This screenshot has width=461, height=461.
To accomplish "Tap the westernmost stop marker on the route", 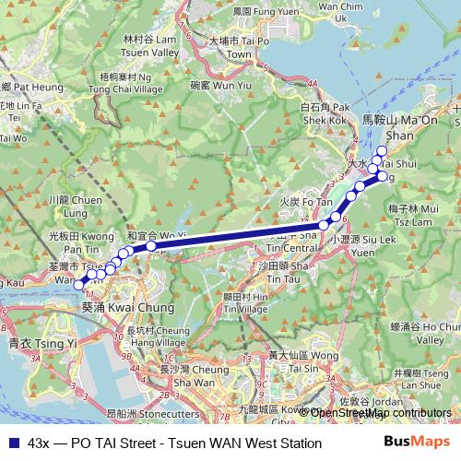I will click(x=79, y=286).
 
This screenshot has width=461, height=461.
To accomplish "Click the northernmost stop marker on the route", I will click(x=382, y=150).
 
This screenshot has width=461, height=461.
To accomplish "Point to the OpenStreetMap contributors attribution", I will click(x=380, y=413).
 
